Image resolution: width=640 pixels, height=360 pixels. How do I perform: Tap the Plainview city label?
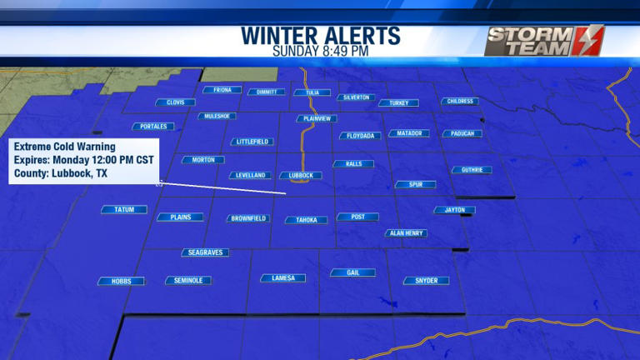pos(317,118)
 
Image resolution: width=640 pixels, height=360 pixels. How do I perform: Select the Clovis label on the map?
pos(175,102)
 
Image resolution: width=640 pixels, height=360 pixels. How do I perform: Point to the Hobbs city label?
pos(122,282)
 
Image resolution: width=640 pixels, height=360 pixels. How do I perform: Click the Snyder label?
pos(426,281)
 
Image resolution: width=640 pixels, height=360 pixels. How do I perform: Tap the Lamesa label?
pos(283,277)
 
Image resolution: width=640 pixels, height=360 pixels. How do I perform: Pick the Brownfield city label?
pos(248,218)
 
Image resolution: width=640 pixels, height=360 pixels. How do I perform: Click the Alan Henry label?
pos(407,233)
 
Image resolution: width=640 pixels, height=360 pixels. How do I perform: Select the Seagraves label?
pos(205,252)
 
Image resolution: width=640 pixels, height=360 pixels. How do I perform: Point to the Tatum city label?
pos(124,209)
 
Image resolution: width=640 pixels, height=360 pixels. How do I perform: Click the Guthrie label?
pos(472,170)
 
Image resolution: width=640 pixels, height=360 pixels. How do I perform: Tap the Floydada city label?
pos(361,135)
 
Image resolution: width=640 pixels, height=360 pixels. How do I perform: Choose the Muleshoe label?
pos(217,116)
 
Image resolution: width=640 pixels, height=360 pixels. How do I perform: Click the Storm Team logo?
pos(544,40)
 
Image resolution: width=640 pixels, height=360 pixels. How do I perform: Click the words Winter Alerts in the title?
pos(321,36)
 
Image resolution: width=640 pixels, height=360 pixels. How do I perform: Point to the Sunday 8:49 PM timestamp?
pos(321,51)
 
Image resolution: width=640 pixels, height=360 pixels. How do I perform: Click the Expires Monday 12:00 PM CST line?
pos(80,160)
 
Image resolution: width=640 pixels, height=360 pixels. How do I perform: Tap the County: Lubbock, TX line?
pos(61,174)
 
